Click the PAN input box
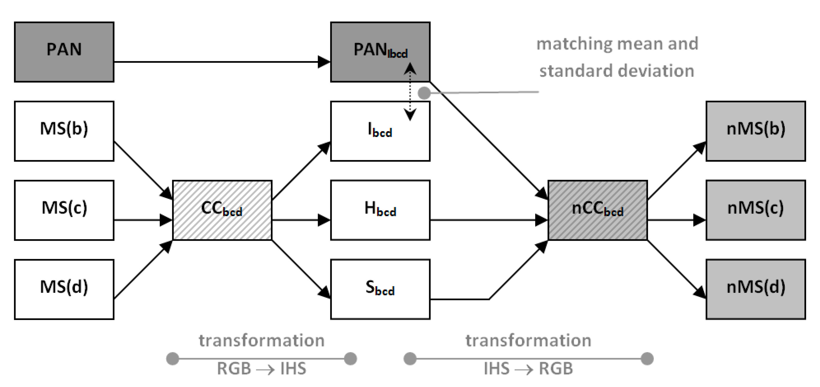pos(64,52)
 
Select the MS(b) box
pos(64,131)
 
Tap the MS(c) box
pos(64,210)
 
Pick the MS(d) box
pos(64,289)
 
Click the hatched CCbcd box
pos(222,210)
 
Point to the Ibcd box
pos(380,131)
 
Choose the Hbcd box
pos(380,210)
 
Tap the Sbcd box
pos(380,289)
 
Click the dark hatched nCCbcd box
pos(598,210)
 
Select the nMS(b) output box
pos(756,131)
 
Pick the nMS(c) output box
pos(756,210)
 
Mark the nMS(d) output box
pos(756,289)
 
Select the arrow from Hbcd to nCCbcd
pos(487,220)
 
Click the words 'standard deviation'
pos(617,71)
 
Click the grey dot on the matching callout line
pos(424,93)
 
